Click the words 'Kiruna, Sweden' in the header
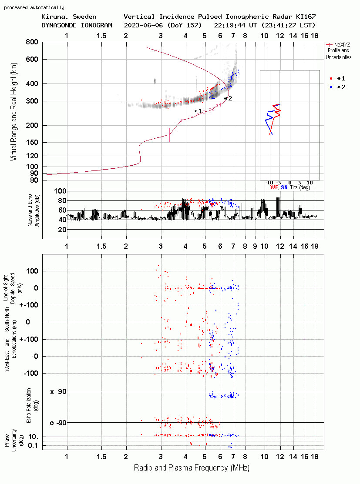(69, 17)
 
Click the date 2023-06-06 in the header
(144, 25)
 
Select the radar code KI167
(306, 17)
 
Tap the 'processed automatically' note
(34, 7)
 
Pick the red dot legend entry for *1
(337, 78)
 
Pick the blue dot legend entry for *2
(337, 87)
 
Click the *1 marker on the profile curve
(198, 111)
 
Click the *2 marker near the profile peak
(228, 98)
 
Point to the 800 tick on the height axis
(32, 42)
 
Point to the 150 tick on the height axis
(32, 142)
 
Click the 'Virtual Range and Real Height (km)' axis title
(13, 112)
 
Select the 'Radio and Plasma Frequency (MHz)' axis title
(192, 468)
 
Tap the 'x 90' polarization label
(58, 392)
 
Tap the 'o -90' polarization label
(58, 423)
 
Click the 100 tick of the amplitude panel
(60, 191)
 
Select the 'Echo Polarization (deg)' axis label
(31, 406)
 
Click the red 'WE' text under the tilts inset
(274, 187)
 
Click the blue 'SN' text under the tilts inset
(284, 187)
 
